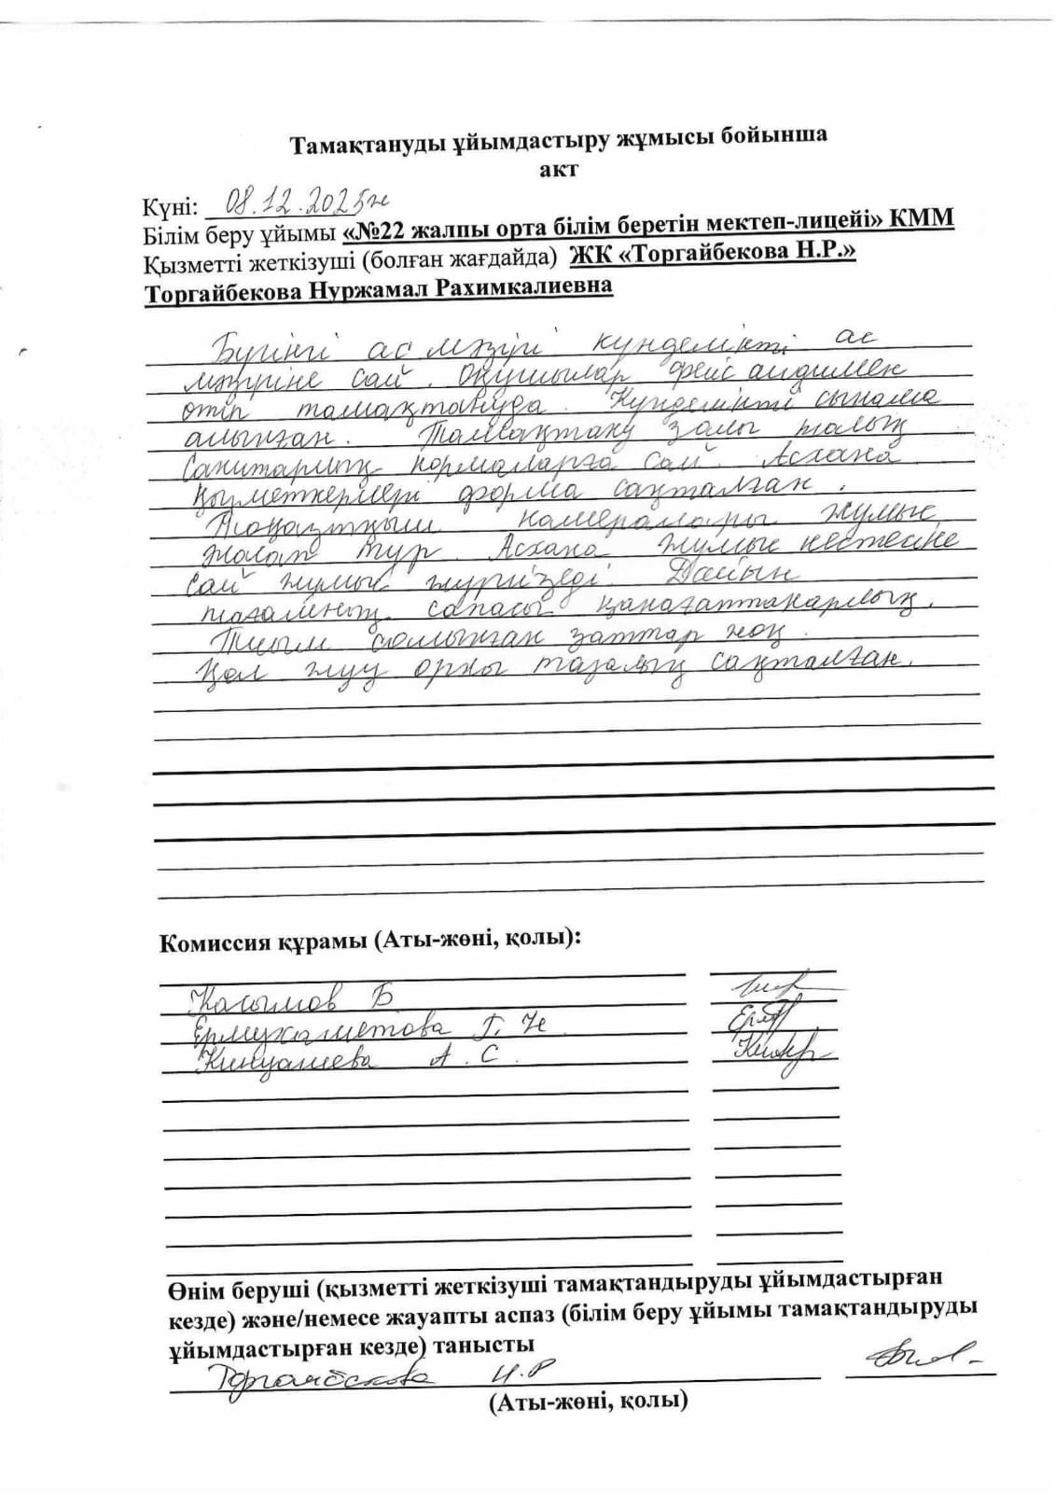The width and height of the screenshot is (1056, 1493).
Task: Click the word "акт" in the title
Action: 558,169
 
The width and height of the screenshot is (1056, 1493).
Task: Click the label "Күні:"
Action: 170,206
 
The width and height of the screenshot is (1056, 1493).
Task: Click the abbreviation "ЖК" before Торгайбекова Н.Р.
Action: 590,253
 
